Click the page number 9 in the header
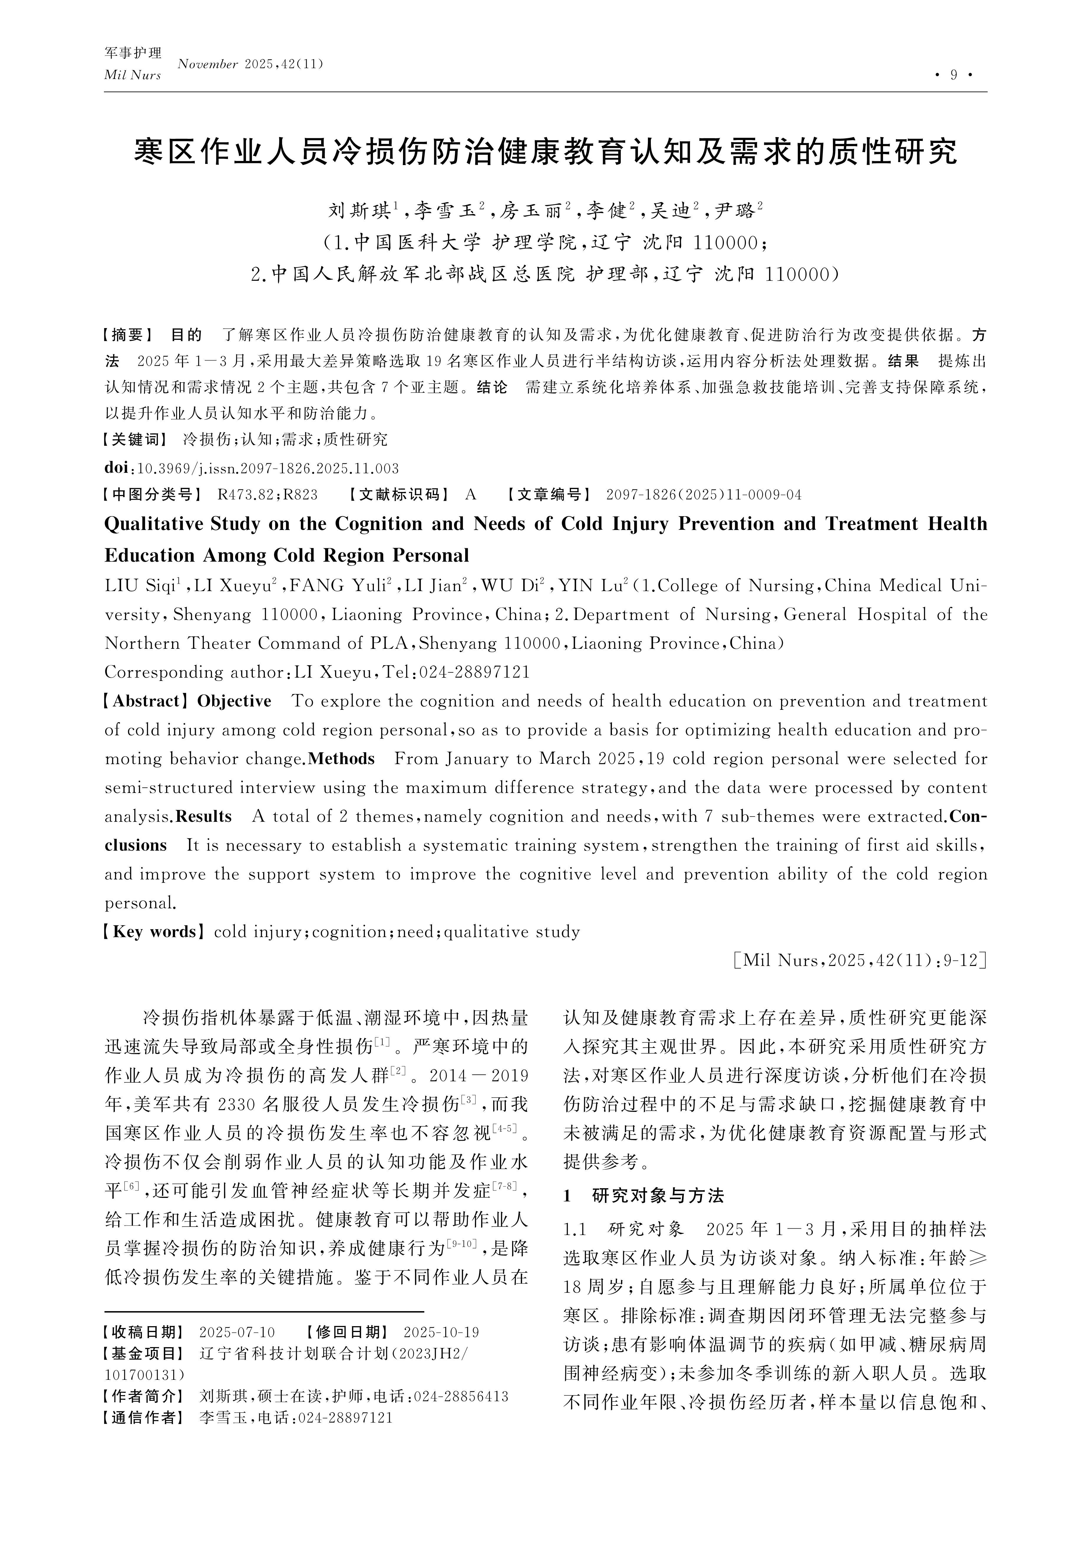pos(953,75)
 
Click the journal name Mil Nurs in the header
pos(132,75)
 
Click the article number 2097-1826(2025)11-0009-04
pos(703,495)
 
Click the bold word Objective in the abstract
pos(234,701)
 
